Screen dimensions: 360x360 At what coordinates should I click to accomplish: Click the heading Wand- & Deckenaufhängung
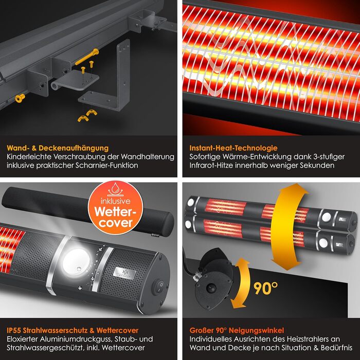(x=58, y=148)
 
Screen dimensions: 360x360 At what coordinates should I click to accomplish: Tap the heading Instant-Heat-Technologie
(x=233, y=148)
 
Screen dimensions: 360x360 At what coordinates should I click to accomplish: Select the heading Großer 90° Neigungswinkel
(x=237, y=330)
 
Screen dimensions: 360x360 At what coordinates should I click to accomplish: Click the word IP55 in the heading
(x=13, y=330)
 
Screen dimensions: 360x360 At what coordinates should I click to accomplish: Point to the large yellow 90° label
(x=265, y=288)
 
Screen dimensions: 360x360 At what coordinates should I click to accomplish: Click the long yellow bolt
(x=87, y=57)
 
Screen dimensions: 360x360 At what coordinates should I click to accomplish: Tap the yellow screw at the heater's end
(x=20, y=98)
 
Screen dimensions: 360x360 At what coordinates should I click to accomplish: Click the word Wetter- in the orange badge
(x=115, y=211)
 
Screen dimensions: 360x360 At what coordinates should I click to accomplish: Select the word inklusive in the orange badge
(x=116, y=201)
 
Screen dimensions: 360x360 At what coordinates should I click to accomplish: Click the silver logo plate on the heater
(x=124, y=273)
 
